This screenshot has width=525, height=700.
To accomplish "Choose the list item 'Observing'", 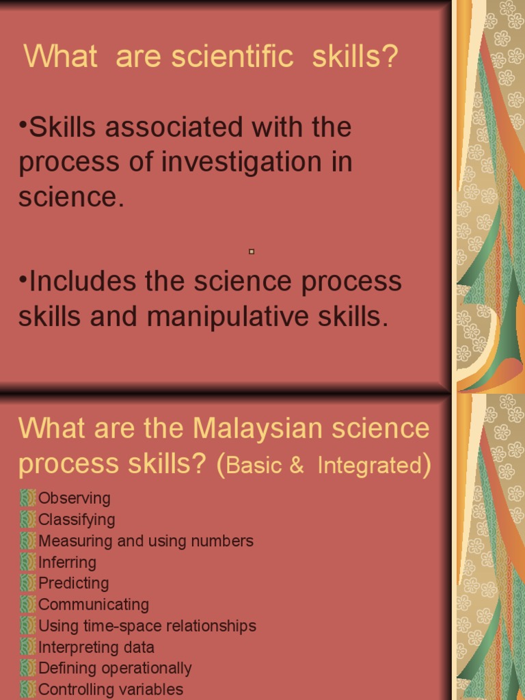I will pyautogui.click(x=74, y=498).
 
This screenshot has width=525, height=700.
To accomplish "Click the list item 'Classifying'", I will pyautogui.click(x=77, y=520).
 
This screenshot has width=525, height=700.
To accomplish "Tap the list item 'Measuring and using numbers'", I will pyautogui.click(x=146, y=541).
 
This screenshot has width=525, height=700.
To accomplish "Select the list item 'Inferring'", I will pyautogui.click(x=67, y=562).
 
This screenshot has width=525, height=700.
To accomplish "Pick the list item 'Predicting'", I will pyautogui.click(x=73, y=583).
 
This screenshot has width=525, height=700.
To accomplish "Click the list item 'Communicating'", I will pyautogui.click(x=93, y=604).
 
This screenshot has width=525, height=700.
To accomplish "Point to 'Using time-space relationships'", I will pyautogui.click(x=147, y=625).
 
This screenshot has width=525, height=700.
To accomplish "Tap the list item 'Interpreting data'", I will pyautogui.click(x=96, y=647).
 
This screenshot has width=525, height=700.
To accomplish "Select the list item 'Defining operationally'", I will pyautogui.click(x=114, y=668).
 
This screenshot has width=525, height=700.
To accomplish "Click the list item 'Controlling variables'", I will pyautogui.click(x=110, y=689).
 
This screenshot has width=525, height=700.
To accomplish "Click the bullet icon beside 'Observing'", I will pyautogui.click(x=27, y=498).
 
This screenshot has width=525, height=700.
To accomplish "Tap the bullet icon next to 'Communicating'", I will pyautogui.click(x=27, y=604).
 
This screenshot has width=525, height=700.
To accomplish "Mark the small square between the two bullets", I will pyautogui.click(x=252, y=252).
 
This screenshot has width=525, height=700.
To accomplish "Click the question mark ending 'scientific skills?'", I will pyautogui.click(x=390, y=57).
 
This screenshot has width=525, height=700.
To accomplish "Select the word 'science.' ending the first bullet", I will pyautogui.click(x=72, y=198).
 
